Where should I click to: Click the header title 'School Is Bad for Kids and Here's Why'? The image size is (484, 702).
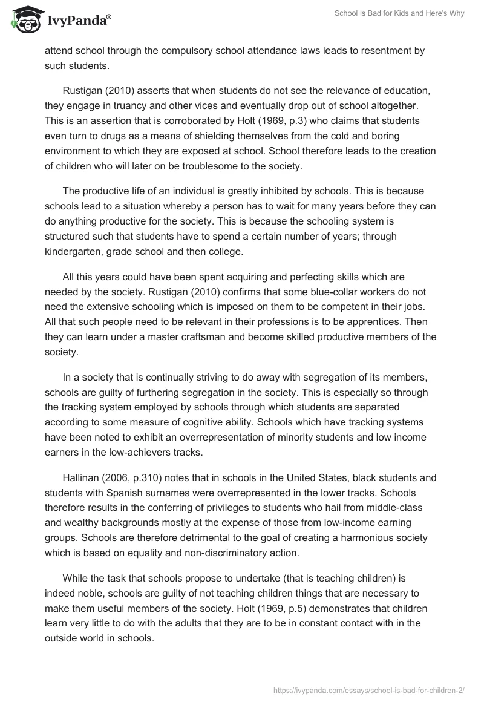[399, 13]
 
